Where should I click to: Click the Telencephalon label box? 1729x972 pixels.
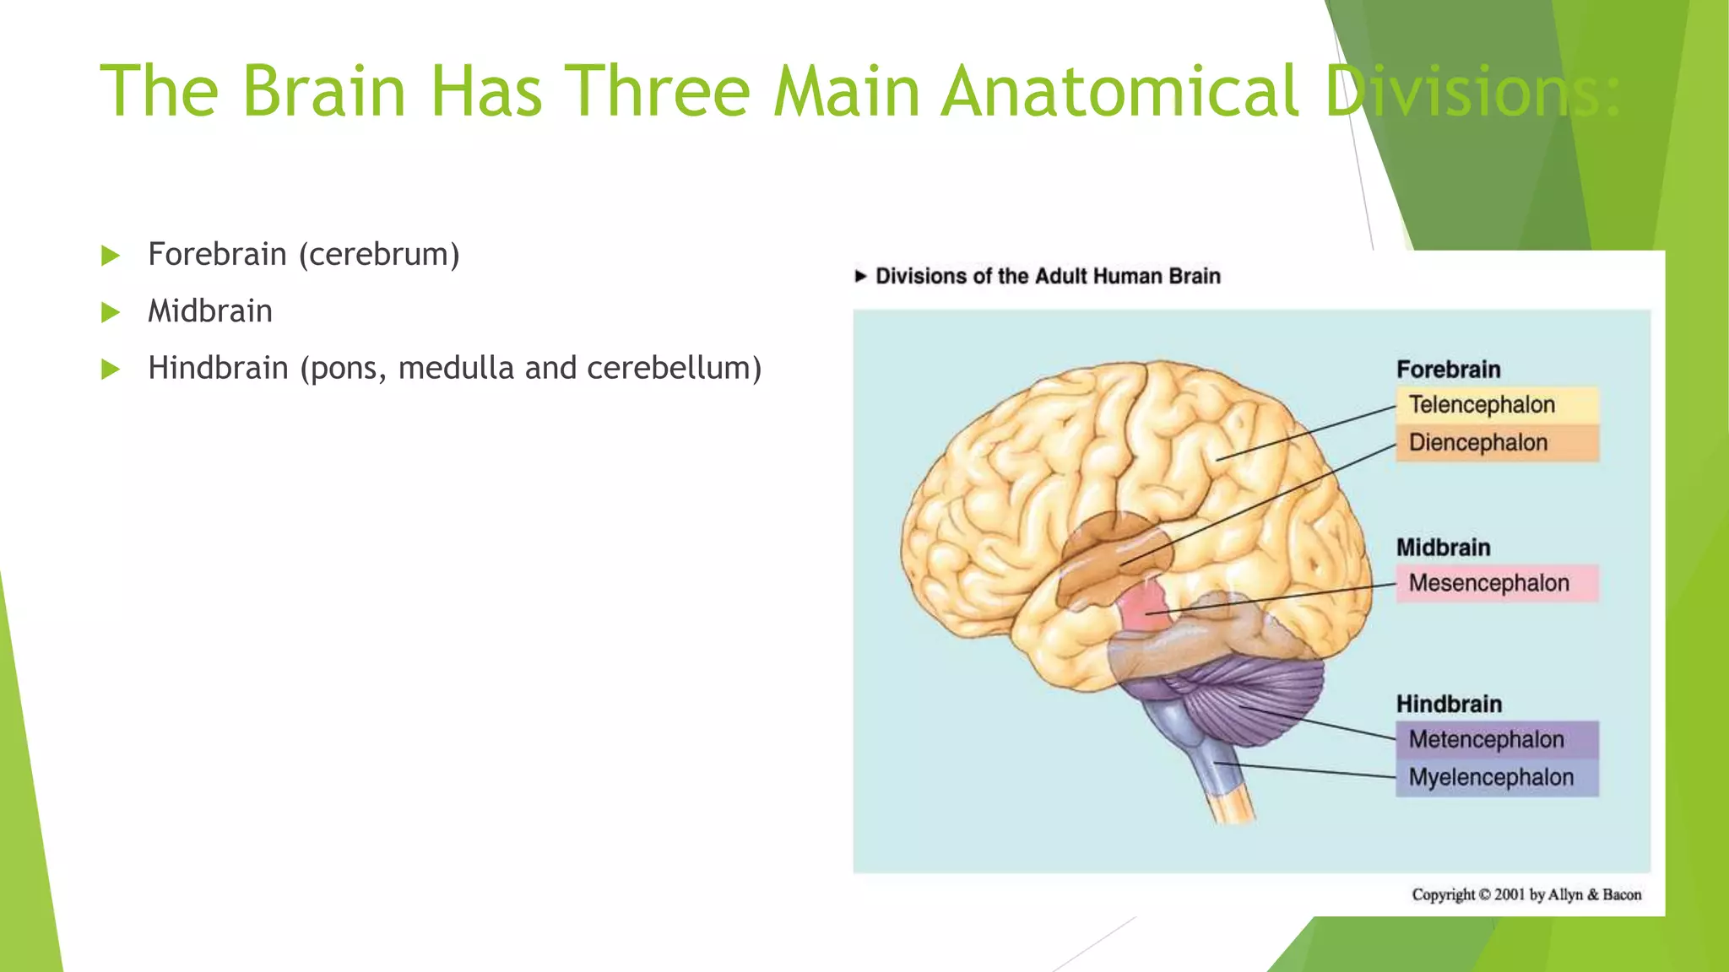click(1496, 405)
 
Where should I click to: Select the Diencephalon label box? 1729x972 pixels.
click(1496, 443)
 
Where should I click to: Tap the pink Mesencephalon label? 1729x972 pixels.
click(1496, 583)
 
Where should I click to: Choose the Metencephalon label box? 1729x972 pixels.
click(1496, 740)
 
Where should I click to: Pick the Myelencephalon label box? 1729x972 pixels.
click(1496, 778)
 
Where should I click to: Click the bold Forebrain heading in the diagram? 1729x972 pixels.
click(1448, 370)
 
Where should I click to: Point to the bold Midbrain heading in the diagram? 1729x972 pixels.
click(1443, 548)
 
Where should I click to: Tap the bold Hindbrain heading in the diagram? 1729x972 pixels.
click(1449, 704)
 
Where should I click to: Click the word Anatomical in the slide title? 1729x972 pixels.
click(1119, 91)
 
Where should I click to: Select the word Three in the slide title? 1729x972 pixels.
click(657, 91)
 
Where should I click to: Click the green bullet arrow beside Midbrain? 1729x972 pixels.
click(111, 313)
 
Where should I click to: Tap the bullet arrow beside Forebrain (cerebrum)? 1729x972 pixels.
click(111, 256)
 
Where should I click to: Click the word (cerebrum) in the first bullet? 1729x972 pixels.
click(379, 255)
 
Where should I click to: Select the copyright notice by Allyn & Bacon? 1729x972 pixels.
click(1526, 894)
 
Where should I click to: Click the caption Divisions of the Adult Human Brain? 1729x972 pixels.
click(1048, 276)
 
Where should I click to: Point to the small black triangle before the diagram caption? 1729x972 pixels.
click(860, 276)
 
